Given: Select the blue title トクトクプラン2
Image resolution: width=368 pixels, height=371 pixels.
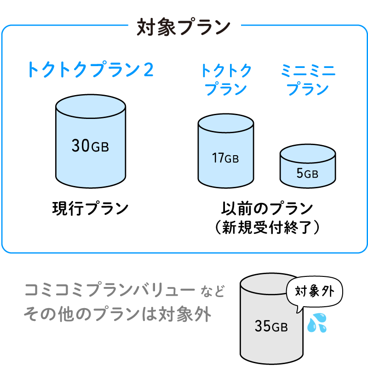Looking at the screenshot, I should pos(90,70).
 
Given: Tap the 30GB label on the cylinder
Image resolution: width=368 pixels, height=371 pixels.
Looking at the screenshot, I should pos(90,146).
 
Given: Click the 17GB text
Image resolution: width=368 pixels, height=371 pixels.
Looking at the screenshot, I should pos(225,158).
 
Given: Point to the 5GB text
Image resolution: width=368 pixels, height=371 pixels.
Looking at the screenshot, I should pos(307,174).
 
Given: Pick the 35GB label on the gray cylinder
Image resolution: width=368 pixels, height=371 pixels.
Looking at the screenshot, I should pos(271,326).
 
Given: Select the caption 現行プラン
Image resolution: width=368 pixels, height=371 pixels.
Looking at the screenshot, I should pos(90,208).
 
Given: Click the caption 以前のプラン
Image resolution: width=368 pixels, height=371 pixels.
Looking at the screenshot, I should pos(267,208).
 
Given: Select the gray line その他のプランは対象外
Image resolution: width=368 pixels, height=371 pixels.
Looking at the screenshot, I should pos(117,315).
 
